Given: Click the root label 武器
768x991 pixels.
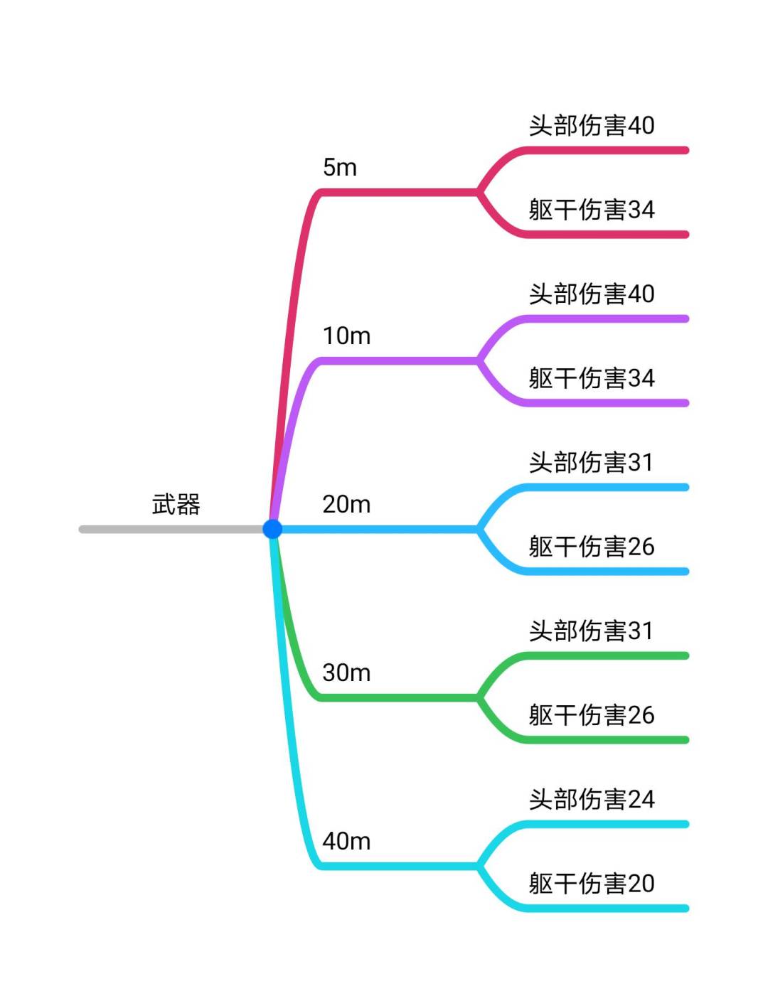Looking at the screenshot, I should [x=176, y=505].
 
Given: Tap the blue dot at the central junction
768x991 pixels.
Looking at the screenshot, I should [x=272, y=529].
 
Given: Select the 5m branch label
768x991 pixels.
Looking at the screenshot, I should [x=340, y=168].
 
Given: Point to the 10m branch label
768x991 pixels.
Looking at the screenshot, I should [x=346, y=336].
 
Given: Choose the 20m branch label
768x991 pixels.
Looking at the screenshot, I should [x=346, y=505].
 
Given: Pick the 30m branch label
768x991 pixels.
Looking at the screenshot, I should [x=346, y=673].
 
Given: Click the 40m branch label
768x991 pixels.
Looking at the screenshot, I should [x=346, y=842].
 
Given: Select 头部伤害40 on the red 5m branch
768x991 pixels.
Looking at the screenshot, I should [x=591, y=126].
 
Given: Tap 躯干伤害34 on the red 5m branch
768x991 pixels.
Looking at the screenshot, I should [x=591, y=210].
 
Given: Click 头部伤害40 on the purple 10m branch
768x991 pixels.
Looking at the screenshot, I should [x=591, y=294].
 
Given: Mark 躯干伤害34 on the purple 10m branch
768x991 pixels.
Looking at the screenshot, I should [x=591, y=378].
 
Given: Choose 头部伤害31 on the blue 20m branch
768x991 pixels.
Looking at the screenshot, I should [x=591, y=463].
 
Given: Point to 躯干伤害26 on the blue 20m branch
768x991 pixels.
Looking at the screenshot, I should [x=591, y=547].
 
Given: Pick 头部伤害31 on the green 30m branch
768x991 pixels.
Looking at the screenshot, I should [x=591, y=631].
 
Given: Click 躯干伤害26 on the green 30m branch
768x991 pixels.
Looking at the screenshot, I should [x=591, y=715].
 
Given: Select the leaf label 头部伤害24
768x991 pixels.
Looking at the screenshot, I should [x=591, y=800].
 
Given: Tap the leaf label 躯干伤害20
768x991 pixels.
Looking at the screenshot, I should [x=591, y=884].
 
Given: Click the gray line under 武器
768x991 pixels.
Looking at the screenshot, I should [x=171, y=529].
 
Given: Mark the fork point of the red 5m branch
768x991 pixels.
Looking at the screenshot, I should [x=479, y=192].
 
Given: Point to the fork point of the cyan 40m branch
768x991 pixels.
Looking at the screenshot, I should [x=479, y=866].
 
